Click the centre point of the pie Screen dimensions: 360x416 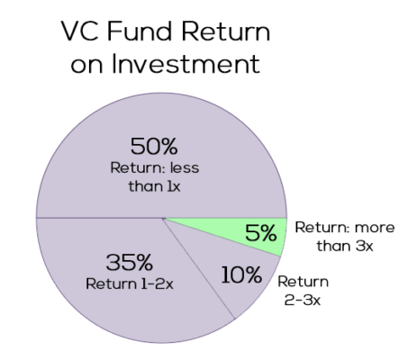[x=163, y=219]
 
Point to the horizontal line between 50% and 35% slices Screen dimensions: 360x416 [x=99, y=219]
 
